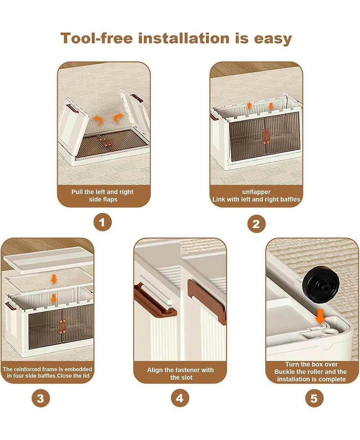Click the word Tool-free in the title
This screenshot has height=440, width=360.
[x=96, y=38]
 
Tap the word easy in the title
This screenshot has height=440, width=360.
[x=273, y=39]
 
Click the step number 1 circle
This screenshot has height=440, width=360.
[x=102, y=222]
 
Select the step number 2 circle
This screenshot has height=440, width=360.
[x=256, y=224]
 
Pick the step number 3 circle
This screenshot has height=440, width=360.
[x=40, y=398]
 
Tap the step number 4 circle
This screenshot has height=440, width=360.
[x=180, y=398]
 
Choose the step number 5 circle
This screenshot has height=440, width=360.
[x=314, y=398]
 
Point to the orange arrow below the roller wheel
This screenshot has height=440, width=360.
[x=320, y=317]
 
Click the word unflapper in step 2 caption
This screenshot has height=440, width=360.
[x=256, y=192]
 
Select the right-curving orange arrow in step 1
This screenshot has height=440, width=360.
[x=118, y=118]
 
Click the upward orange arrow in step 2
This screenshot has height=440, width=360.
[x=249, y=105]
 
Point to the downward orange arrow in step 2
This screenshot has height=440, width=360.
[x=271, y=106]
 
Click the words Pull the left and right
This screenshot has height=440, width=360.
[x=102, y=192]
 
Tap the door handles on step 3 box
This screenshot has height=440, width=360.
[x=63, y=327]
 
